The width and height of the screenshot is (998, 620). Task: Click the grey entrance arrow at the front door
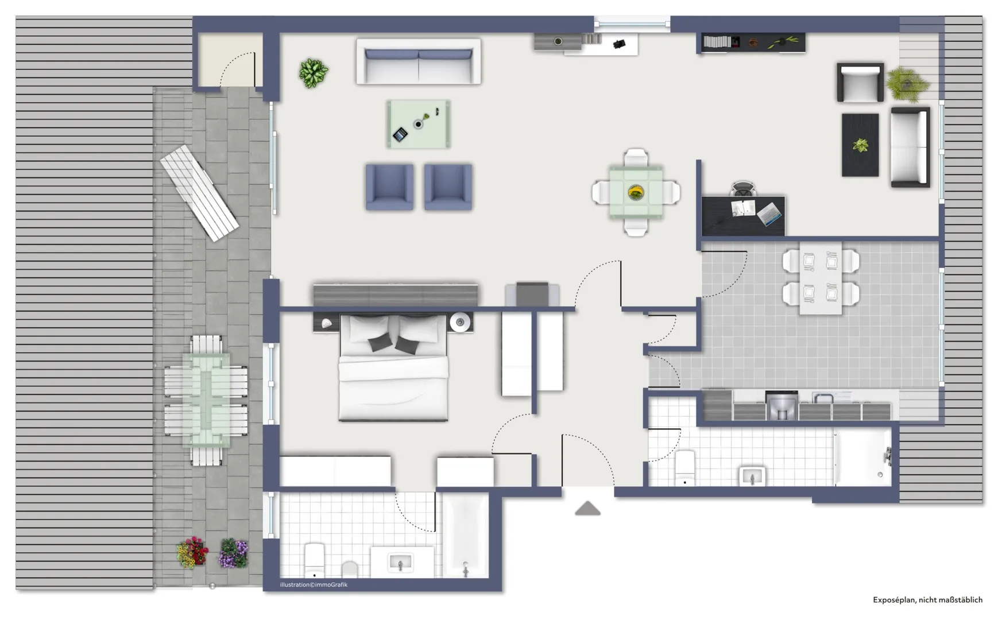tap(587, 509)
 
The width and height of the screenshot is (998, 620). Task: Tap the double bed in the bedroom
tap(393, 367)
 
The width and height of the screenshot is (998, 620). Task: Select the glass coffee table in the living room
tap(418, 124)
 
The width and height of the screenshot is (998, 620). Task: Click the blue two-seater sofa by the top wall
tap(418, 61)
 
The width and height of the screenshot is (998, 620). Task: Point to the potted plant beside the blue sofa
tap(313, 73)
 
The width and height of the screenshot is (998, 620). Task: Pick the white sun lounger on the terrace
tap(199, 193)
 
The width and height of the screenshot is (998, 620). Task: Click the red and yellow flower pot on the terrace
tap(192, 552)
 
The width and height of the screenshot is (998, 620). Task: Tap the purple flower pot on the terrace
tap(233, 553)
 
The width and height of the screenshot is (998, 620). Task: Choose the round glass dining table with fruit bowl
tap(636, 192)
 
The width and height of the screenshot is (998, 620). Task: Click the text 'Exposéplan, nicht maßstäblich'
tap(927, 600)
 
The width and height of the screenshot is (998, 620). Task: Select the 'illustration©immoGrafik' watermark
tap(314, 585)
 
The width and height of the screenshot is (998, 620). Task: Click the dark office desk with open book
tap(743, 215)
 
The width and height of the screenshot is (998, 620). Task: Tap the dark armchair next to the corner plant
tap(860, 83)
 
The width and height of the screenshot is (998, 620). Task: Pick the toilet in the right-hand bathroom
tap(684, 467)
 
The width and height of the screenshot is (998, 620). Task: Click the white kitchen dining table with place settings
tap(821, 278)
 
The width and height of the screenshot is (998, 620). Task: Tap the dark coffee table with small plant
tap(860, 145)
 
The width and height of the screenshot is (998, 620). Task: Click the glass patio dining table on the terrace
tap(206, 400)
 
